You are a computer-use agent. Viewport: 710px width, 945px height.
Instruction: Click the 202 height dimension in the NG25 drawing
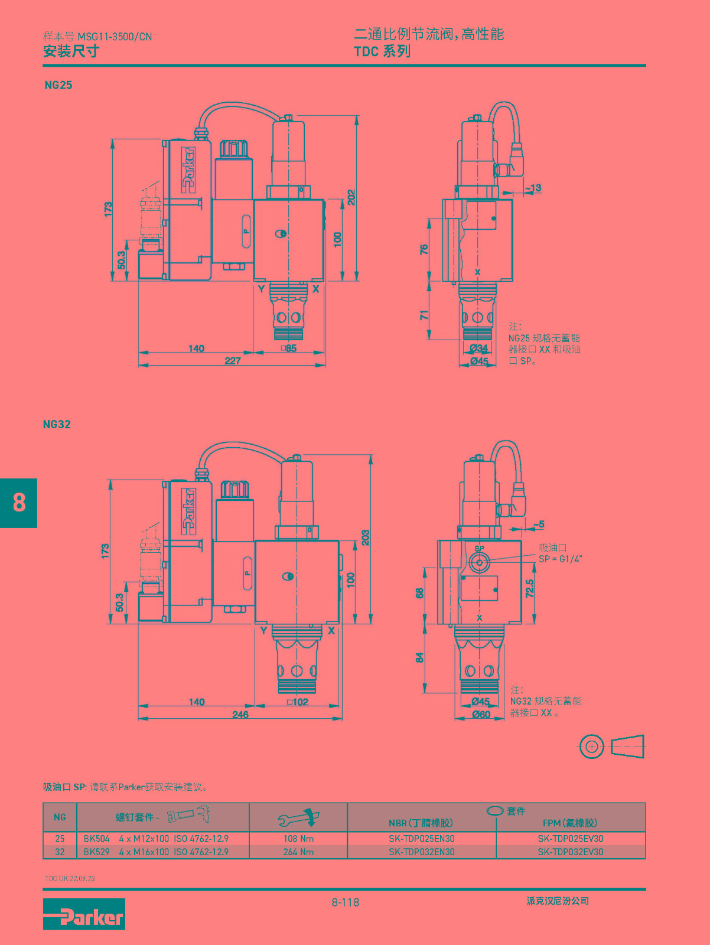[351, 197]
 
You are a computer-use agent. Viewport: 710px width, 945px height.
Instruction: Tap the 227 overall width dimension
[233, 360]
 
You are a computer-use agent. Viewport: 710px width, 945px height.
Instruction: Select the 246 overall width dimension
[240, 714]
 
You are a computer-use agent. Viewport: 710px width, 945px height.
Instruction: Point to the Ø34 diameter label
[479, 348]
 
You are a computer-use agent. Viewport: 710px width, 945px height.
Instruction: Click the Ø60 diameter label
[481, 714]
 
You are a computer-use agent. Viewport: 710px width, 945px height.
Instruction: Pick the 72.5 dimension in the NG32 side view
[530, 588]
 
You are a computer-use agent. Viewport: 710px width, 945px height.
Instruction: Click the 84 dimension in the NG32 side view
[419, 657]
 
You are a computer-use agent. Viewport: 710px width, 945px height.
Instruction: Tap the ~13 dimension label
[533, 188]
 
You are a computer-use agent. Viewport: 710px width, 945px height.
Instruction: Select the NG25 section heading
[58, 85]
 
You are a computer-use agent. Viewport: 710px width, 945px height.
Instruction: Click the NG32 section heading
[57, 424]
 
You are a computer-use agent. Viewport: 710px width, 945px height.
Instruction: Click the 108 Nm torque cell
[298, 838]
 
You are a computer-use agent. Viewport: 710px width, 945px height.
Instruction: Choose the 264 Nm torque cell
[298, 852]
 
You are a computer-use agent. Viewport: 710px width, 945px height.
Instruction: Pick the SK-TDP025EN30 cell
[422, 838]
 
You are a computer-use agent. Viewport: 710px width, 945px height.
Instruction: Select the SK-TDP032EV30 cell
[571, 852]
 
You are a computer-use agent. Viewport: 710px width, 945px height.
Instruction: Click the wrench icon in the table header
[299, 817]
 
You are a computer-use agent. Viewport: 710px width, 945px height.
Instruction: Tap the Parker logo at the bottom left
[84, 914]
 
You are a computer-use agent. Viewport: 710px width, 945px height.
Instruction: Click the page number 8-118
[346, 902]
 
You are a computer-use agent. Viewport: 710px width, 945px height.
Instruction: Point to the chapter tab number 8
[19, 503]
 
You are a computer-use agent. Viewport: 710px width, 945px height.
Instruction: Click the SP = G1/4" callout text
[561, 559]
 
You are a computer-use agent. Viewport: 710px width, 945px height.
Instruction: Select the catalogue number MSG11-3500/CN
[115, 37]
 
